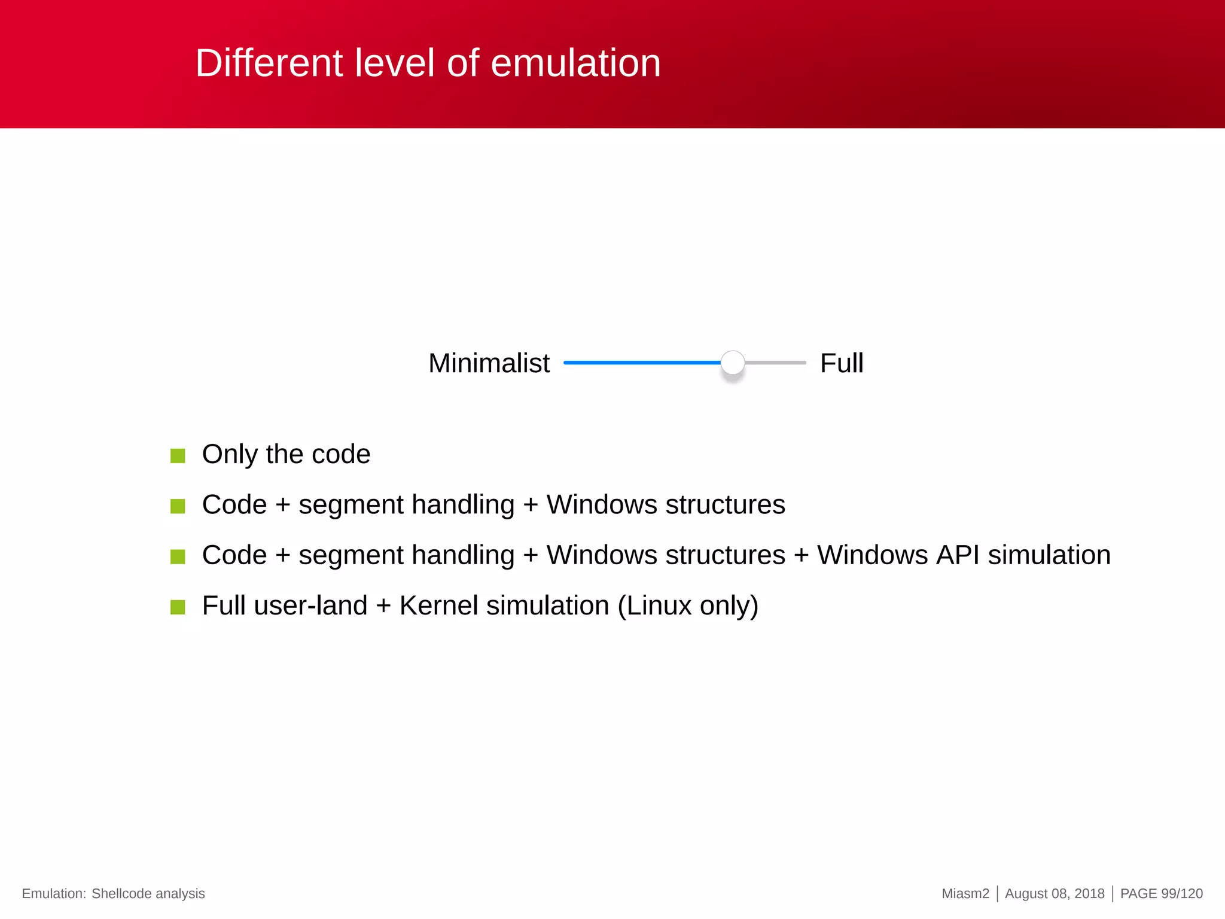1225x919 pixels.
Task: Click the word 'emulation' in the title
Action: (x=575, y=63)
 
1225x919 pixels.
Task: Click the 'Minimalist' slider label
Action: (x=489, y=363)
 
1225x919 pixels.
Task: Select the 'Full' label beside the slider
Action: (x=841, y=363)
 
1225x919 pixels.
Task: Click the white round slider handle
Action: (x=732, y=363)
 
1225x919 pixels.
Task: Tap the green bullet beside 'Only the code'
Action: (x=178, y=456)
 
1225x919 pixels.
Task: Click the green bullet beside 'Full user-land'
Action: (x=178, y=607)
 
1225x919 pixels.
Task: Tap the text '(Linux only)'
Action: (x=688, y=606)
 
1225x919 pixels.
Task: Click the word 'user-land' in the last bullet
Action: (x=310, y=605)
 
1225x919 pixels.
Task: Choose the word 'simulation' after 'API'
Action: (x=1049, y=555)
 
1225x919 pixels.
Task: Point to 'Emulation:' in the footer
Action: (x=54, y=893)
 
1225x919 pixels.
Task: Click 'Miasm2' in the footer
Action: (x=965, y=893)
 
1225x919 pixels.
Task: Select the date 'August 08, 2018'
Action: (x=1055, y=893)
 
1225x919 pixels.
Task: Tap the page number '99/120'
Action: (x=1181, y=893)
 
